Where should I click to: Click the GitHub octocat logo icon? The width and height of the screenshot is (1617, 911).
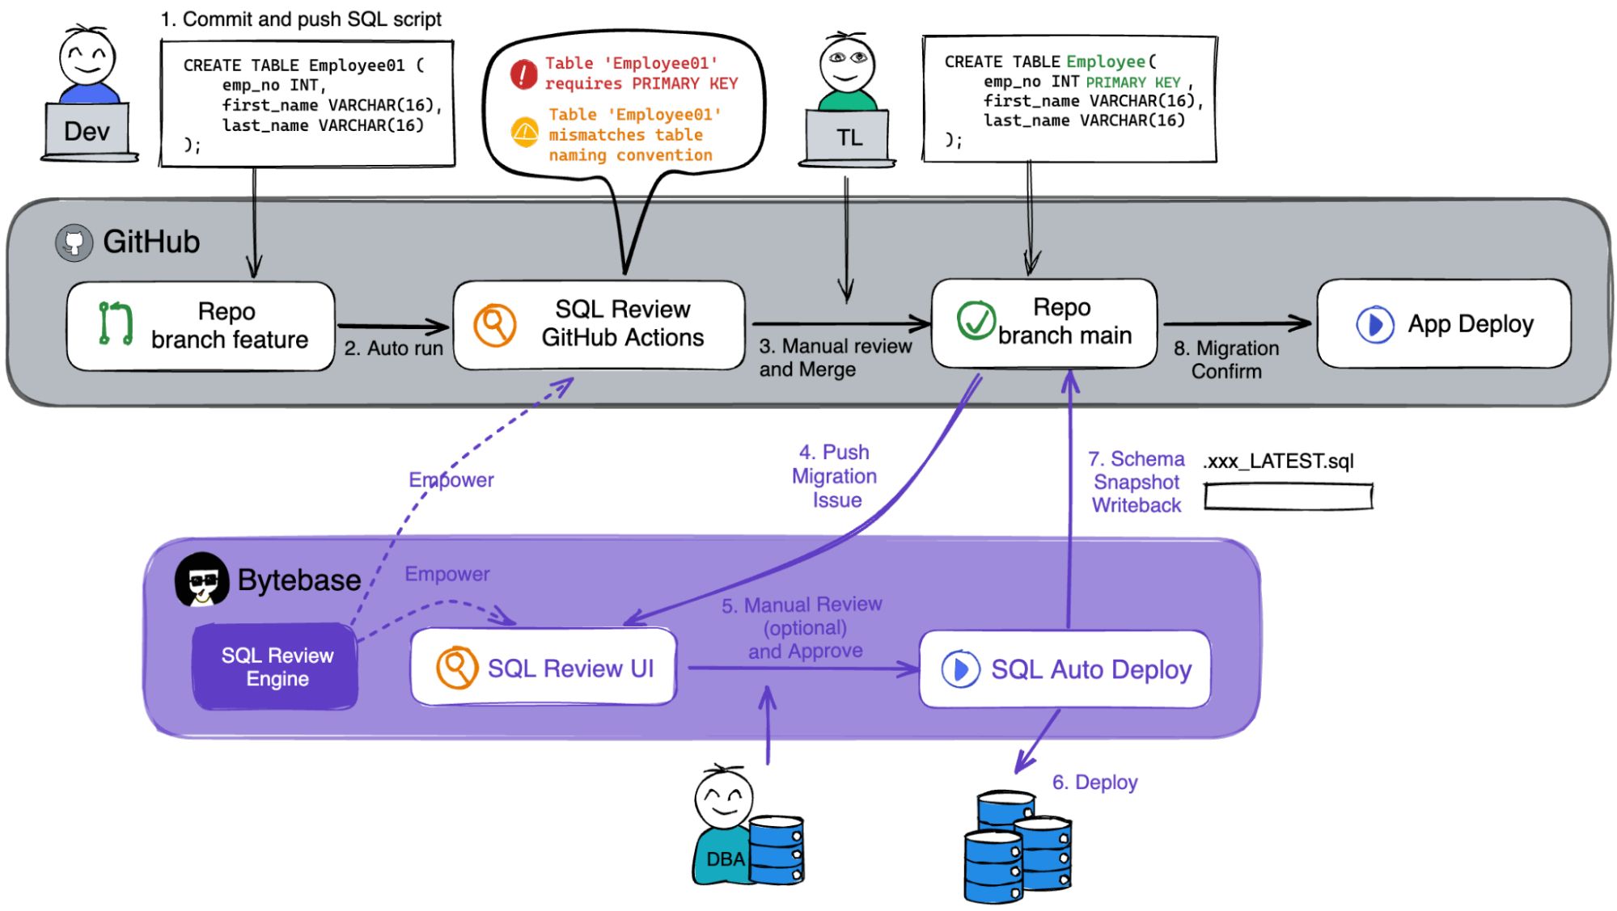tap(74, 243)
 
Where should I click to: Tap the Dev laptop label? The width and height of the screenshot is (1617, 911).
tap(87, 131)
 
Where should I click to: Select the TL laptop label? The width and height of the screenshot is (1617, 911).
tap(849, 137)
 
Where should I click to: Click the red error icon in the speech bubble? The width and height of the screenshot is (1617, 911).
tap(523, 74)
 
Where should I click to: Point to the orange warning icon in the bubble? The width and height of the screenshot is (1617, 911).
tap(525, 132)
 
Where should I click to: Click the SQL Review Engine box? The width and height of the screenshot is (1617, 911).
tap(276, 667)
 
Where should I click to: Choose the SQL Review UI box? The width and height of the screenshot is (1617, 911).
tap(544, 668)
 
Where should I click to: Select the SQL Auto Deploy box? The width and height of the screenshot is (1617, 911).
tap(1065, 669)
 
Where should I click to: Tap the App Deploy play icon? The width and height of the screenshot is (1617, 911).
tap(1374, 324)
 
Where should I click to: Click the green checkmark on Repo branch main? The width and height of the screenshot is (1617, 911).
tap(976, 320)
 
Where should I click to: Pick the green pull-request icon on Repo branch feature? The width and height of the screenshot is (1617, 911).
tap(115, 323)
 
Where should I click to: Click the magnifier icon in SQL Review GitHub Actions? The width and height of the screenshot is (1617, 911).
tap(494, 325)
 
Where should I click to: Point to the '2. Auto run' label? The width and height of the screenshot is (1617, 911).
tap(393, 348)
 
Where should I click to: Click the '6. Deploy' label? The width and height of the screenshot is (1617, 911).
tap(1094, 782)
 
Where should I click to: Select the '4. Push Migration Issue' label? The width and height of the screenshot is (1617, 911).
tap(835, 476)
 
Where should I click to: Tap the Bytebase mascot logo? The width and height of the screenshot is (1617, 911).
tap(201, 579)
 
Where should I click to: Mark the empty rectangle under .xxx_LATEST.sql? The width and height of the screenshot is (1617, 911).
tap(1288, 496)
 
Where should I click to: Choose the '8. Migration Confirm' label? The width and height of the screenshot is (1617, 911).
tap(1226, 360)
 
